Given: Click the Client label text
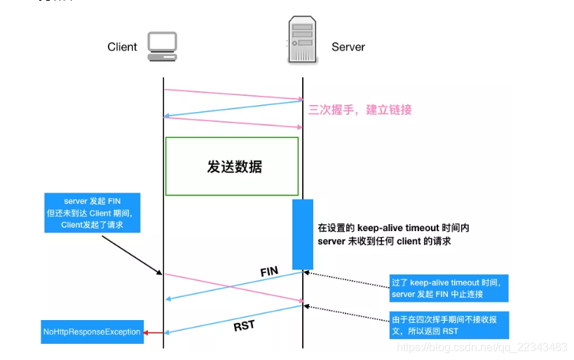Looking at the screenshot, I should coord(122,47).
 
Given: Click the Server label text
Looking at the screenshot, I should coord(348,47).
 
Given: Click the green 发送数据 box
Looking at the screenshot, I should coord(232,166).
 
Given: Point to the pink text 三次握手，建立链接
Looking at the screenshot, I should coord(360,110).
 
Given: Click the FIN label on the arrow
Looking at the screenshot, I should coord(269,271).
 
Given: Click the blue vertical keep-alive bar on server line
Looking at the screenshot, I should coord(302,234).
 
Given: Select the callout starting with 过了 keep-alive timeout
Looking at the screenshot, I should coord(449,288).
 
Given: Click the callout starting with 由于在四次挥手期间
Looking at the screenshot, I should coord(449,325).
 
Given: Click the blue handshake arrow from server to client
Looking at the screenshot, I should coord(233,109).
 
